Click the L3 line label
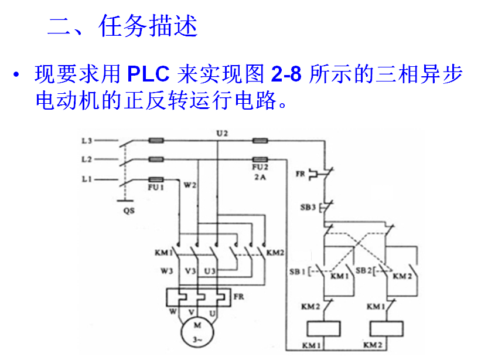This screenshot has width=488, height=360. click(x=86, y=141)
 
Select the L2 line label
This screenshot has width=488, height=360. click(x=86, y=159)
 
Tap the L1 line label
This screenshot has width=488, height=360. click(x=86, y=179)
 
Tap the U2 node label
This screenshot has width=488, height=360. click(x=221, y=133)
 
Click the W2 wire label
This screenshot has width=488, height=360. click(x=190, y=185)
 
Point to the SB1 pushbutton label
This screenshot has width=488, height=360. click(x=297, y=271)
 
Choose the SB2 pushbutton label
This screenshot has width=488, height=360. click(x=366, y=271)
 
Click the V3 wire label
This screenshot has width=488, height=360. click(x=190, y=271)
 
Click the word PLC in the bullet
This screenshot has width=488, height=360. click(x=148, y=75)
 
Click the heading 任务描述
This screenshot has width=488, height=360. click(x=149, y=27)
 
